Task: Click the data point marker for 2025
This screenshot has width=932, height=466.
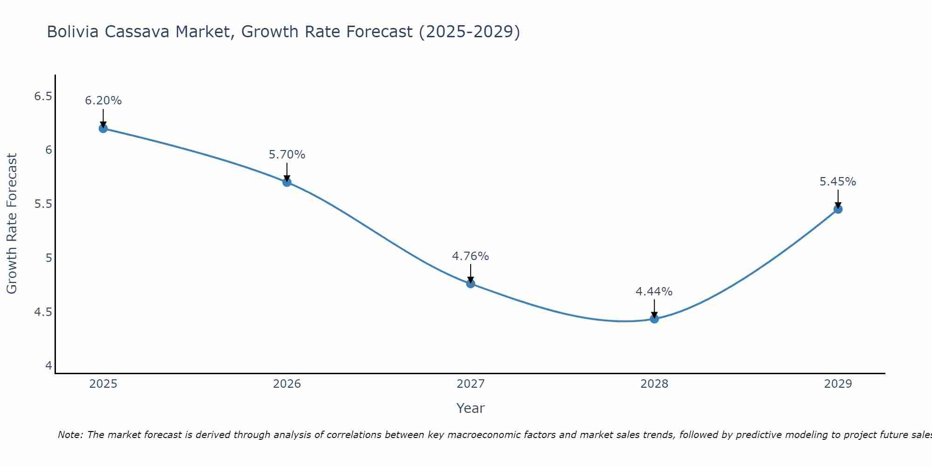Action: pyautogui.click(x=103, y=128)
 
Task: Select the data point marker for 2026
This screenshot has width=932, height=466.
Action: pyautogui.click(x=287, y=182)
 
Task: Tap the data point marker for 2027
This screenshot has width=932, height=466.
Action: pyautogui.click(x=471, y=283)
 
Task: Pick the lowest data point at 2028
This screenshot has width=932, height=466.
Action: pyautogui.click(x=654, y=319)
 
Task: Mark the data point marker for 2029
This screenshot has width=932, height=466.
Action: pyautogui.click(x=838, y=209)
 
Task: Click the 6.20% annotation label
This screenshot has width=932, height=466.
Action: pyautogui.click(x=103, y=101)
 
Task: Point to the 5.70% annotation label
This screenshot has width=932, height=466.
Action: pyautogui.click(x=287, y=155)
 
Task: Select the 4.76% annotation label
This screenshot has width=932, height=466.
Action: pyautogui.click(x=471, y=256)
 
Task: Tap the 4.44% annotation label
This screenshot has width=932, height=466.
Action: pyautogui.click(x=654, y=292)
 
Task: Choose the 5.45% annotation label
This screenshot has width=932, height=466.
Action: pyautogui.click(x=838, y=182)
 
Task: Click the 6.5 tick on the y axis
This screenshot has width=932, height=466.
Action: pyautogui.click(x=43, y=96)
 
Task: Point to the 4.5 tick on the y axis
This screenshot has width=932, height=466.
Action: pyautogui.click(x=43, y=312)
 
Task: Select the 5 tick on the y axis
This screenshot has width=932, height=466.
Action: pyautogui.click(x=48, y=258)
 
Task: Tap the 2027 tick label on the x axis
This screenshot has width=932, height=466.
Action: pyautogui.click(x=471, y=384)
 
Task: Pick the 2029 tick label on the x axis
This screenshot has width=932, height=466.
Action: pyautogui.click(x=838, y=384)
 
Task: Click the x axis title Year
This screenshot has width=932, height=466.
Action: pyautogui.click(x=471, y=408)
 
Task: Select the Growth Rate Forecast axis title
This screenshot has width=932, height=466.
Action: pyautogui.click(x=12, y=224)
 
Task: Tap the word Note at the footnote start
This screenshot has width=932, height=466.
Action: pyautogui.click(x=70, y=435)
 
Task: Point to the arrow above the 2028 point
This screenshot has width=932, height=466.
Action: pyautogui.click(x=654, y=308)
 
